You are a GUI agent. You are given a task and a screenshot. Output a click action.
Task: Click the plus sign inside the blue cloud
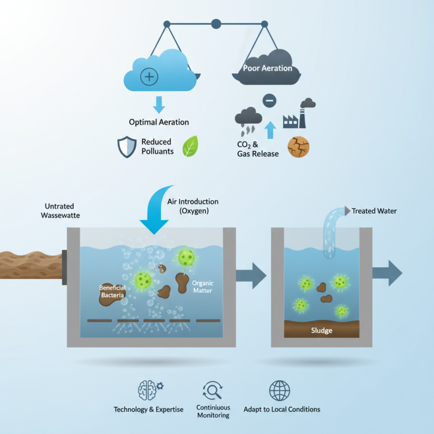click(149, 76)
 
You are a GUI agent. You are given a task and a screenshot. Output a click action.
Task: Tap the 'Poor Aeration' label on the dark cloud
click(267, 68)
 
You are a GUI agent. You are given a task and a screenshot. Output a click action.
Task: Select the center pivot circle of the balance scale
click(216, 23)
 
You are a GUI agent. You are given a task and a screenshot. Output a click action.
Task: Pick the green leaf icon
click(190, 146)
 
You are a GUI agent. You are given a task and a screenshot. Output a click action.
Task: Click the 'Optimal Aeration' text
click(158, 122)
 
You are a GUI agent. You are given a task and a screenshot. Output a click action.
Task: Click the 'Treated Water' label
click(374, 210)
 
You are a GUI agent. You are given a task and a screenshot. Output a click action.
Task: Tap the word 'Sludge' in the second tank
click(321, 330)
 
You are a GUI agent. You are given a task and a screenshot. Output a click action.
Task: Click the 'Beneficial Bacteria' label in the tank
click(112, 291)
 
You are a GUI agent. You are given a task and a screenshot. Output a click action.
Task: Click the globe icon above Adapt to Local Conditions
click(279, 390)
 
